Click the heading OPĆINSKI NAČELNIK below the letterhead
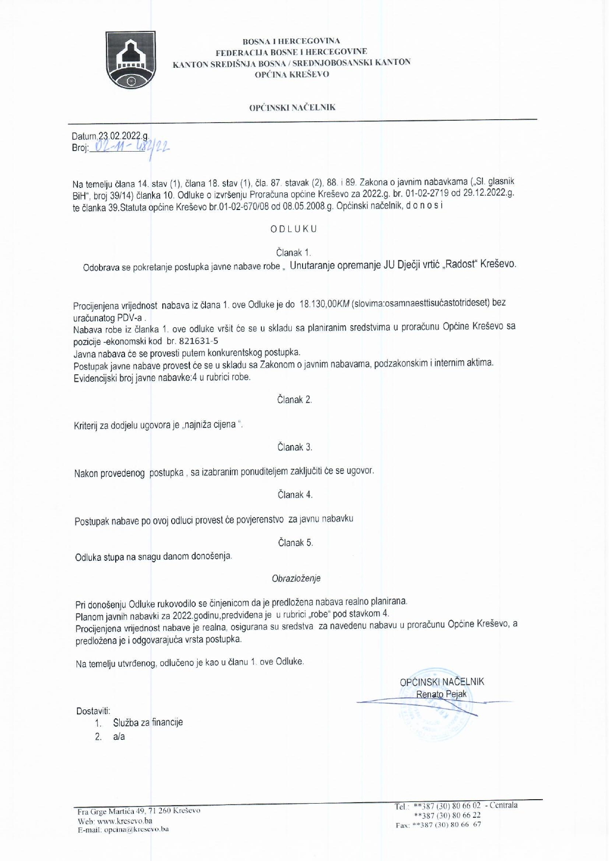tap(292, 107)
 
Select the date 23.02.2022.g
tap(124, 136)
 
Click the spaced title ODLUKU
tap(294, 229)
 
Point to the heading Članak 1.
tap(293, 253)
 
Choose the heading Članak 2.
tap(294, 399)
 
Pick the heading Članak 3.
tap(295, 447)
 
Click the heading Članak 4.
tap(295, 495)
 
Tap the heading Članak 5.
tap(295, 543)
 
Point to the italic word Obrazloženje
tap(296, 578)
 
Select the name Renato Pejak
tap(441, 694)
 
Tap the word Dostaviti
tap(93, 711)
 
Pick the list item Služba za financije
tap(148, 722)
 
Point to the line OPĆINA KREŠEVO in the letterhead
tap(292, 74)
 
